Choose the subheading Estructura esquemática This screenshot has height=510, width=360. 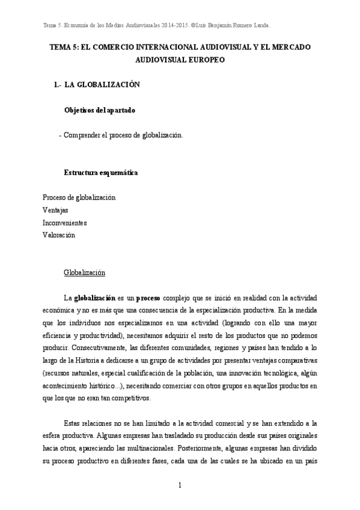(101, 173)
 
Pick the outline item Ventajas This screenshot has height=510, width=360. (55, 210)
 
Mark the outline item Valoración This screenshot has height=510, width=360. (59, 235)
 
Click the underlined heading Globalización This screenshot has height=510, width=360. (85, 273)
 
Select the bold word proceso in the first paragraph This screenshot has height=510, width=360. (148, 298)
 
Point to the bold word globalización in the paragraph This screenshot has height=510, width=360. (94, 298)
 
